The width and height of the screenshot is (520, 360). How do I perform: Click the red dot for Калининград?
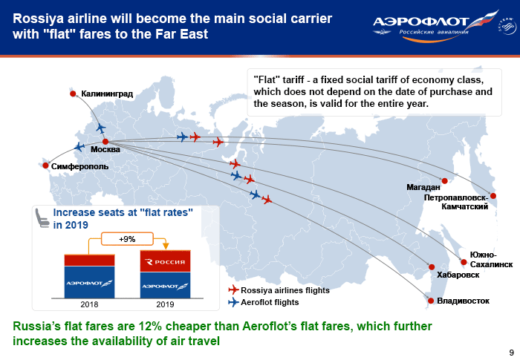(x=73, y=94)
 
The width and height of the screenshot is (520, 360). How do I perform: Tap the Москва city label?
(x=105, y=149)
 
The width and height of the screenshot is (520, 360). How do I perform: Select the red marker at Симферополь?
(x=46, y=166)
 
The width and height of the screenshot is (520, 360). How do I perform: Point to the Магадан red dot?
(x=445, y=181)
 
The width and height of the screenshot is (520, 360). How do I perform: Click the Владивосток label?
(x=463, y=301)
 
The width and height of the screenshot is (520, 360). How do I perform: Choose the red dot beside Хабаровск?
(x=432, y=267)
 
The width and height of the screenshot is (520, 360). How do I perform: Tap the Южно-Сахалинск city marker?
(x=464, y=262)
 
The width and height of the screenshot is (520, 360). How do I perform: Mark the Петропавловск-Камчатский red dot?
(x=493, y=196)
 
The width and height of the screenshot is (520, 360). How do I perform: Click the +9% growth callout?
(x=127, y=239)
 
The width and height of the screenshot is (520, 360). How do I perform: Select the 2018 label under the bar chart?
(x=89, y=304)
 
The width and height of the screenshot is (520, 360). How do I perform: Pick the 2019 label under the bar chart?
(x=165, y=304)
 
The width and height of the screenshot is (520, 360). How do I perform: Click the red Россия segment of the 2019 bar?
(x=165, y=261)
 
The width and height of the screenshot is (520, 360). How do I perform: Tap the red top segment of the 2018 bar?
(x=89, y=261)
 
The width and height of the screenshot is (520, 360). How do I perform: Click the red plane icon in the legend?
(x=233, y=289)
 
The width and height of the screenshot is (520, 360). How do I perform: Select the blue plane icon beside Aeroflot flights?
(x=233, y=302)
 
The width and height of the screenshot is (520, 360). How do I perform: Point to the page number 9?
(x=511, y=353)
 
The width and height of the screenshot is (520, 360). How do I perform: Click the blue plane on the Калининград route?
(x=101, y=128)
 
